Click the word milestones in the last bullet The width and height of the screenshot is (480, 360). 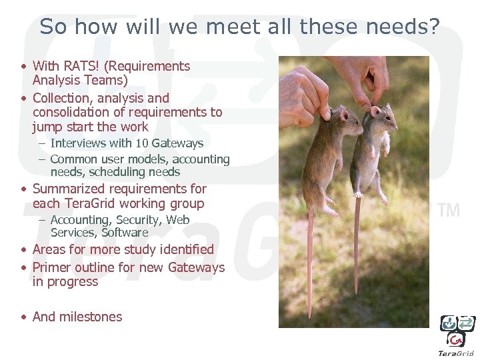(91, 317)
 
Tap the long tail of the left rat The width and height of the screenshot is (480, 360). (311, 267)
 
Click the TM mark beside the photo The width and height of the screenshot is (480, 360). (449, 210)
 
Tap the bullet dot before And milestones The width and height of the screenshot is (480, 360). (23, 317)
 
